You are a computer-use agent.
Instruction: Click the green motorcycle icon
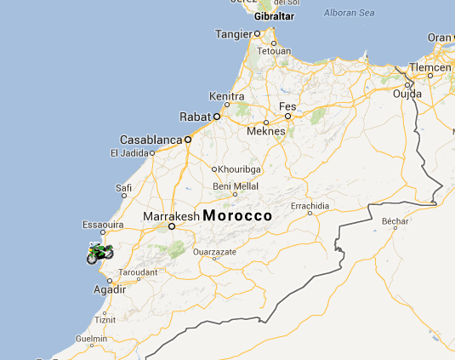click(100, 252)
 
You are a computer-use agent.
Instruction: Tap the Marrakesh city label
click(170, 216)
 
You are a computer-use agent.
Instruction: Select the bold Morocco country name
click(237, 216)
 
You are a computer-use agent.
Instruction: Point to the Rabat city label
click(194, 117)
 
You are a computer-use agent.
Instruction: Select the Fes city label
click(287, 105)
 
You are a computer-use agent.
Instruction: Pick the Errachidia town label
click(309, 206)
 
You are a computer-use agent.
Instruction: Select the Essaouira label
click(104, 226)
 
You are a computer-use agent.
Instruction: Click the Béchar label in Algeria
click(396, 221)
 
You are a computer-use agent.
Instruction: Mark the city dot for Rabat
click(216, 116)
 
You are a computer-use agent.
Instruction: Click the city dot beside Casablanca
click(188, 137)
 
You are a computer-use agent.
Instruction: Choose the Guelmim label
click(91, 338)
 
